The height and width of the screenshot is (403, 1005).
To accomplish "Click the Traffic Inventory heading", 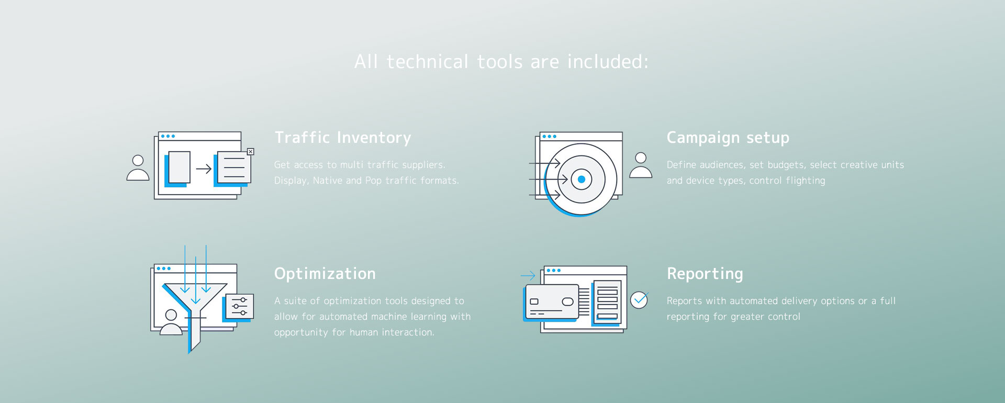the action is tap(343, 138).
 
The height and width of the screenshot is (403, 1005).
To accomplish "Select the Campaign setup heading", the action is tap(728, 138).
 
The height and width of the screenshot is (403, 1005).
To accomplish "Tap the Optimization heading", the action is tap(325, 274).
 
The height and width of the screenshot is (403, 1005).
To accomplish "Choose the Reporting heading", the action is tap(705, 274).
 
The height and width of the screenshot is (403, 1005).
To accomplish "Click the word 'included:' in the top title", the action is tap(608, 62).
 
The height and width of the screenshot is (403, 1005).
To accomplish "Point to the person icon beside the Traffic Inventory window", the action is tap(138, 167).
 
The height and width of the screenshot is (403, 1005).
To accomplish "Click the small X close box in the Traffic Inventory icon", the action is tap(251, 152).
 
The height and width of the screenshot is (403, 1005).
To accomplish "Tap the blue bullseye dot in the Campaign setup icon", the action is tap(581, 180).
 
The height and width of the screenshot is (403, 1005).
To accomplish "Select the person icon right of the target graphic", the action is tap(640, 165).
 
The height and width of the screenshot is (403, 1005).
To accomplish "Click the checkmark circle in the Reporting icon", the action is tap(639, 300).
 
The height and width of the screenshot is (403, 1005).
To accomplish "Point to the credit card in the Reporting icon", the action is tap(552, 301).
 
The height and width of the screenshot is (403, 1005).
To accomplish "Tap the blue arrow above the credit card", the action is tap(528, 275).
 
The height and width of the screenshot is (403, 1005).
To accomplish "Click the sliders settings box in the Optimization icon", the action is tap(240, 306).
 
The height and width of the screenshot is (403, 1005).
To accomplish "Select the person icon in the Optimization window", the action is tap(171, 322).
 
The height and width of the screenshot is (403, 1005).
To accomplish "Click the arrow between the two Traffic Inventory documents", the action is tap(204, 169).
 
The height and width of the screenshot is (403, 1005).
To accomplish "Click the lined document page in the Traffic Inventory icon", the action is tap(234, 167).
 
